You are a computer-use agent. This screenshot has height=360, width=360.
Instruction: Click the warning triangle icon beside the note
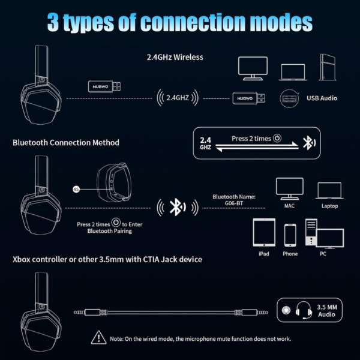(x=99, y=337)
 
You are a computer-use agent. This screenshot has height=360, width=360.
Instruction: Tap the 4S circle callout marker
(x=76, y=189)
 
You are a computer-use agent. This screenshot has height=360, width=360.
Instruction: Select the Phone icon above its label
(x=290, y=235)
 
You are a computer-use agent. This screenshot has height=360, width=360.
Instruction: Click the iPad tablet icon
(x=264, y=232)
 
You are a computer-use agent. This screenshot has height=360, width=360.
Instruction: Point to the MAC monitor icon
(x=290, y=188)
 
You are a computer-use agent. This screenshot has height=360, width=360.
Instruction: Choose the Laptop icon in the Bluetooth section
(x=329, y=191)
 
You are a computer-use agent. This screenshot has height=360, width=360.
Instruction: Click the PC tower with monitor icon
(x=325, y=234)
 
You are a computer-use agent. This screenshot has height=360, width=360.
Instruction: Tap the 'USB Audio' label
(x=322, y=98)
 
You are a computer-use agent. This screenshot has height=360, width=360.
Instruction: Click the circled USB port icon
(x=289, y=98)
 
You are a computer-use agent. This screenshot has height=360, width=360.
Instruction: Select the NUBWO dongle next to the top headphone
(x=104, y=86)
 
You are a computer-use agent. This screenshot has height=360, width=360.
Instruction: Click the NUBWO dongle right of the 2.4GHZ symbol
(x=248, y=98)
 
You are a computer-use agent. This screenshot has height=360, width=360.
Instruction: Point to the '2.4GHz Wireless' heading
(x=175, y=57)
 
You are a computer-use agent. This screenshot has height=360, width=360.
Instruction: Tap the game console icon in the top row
(x=328, y=67)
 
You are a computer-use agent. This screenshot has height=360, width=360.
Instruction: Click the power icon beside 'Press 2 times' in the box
(x=277, y=138)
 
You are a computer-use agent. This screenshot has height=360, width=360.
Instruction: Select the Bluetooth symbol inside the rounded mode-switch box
(x=309, y=143)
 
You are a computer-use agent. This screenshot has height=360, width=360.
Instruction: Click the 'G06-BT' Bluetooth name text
(x=234, y=203)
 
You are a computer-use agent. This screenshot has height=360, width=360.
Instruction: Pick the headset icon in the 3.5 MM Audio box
(x=304, y=310)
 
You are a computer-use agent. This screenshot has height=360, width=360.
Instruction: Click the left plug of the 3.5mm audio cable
(x=87, y=312)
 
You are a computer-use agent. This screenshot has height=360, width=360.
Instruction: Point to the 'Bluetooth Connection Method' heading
(x=66, y=143)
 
